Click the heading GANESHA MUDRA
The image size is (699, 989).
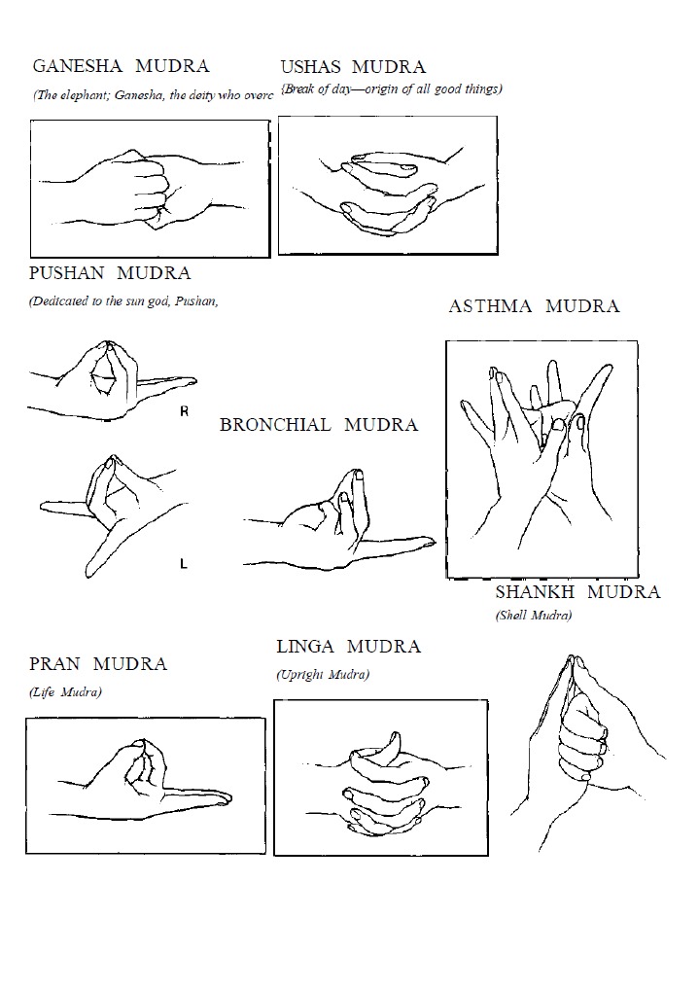(x=121, y=67)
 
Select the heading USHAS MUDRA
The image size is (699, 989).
(x=353, y=67)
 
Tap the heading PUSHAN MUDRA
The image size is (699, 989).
(x=110, y=274)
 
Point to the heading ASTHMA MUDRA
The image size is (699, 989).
(x=534, y=306)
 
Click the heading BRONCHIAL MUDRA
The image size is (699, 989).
(x=318, y=425)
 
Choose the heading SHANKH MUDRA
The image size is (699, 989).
(x=577, y=592)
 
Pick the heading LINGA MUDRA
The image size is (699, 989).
(x=348, y=647)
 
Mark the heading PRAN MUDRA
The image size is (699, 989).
(x=98, y=664)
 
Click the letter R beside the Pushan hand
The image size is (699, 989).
(x=185, y=412)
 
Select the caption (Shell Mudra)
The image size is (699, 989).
(x=534, y=616)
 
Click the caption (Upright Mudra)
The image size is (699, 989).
(x=323, y=674)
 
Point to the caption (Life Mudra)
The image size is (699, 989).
(x=66, y=692)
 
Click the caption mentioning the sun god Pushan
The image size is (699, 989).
(x=123, y=300)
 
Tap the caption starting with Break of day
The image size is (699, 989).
(x=392, y=89)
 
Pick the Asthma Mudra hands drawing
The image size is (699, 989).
(x=541, y=457)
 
